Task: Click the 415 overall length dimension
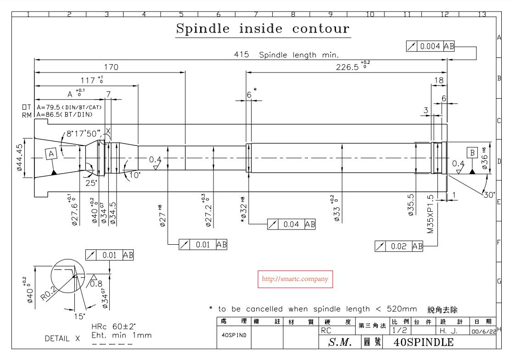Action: coord(241,55)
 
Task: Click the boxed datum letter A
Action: coord(50,154)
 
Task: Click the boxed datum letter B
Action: coord(471,152)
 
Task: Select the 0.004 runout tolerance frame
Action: coord(431,46)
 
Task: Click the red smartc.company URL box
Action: coord(296,279)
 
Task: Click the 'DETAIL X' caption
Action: coord(62,339)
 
